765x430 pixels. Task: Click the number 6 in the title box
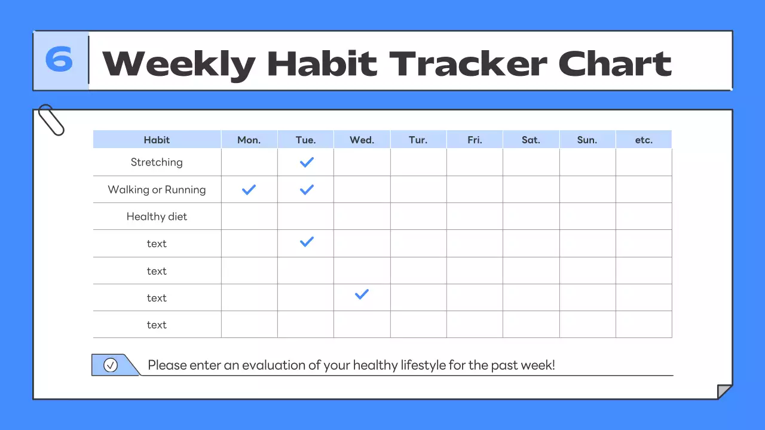pyautogui.click(x=60, y=60)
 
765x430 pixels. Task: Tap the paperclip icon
pyautogui.click(x=51, y=120)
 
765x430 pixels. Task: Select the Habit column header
pyautogui.click(x=157, y=140)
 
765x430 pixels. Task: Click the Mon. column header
pyautogui.click(x=249, y=140)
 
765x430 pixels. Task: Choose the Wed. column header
pyautogui.click(x=362, y=140)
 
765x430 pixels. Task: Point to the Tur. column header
pyautogui.click(x=418, y=140)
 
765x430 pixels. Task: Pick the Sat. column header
pyautogui.click(x=531, y=140)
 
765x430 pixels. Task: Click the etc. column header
pyautogui.click(x=644, y=140)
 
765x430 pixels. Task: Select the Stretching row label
pyautogui.click(x=157, y=162)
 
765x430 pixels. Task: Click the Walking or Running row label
pyautogui.click(x=157, y=189)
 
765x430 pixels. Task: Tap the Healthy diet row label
pyautogui.click(x=157, y=216)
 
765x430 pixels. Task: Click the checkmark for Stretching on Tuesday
pyautogui.click(x=307, y=162)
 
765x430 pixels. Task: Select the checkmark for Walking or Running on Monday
pyautogui.click(x=249, y=189)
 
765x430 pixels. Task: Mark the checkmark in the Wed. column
pyautogui.click(x=362, y=294)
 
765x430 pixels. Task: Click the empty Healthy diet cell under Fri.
pyautogui.click(x=475, y=216)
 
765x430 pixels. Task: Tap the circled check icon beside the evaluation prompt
pyautogui.click(x=111, y=365)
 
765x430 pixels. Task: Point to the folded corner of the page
pyautogui.click(x=724, y=392)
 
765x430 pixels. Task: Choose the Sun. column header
pyautogui.click(x=587, y=140)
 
